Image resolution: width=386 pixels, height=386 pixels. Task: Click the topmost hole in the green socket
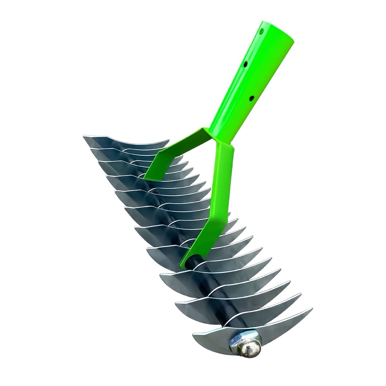pos(262,31)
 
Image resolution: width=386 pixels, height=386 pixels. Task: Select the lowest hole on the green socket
pos(251,99)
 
